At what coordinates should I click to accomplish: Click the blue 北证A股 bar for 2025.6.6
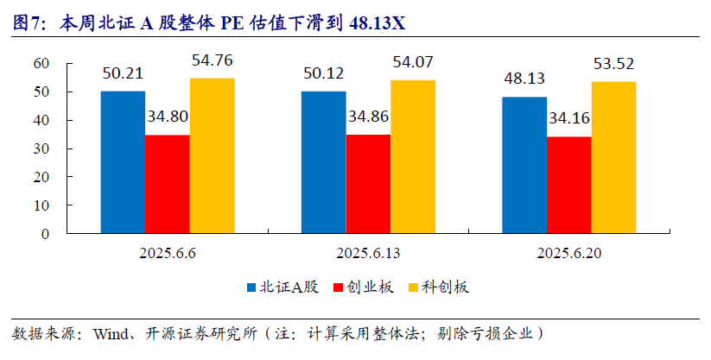pyautogui.click(x=123, y=162)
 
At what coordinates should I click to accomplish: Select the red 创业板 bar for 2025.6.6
pyautogui.click(x=167, y=184)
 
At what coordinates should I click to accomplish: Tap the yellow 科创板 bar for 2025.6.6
pyautogui.click(x=212, y=155)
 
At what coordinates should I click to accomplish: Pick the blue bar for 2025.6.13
pyautogui.click(x=323, y=162)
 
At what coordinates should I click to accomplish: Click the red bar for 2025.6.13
pyautogui.click(x=368, y=184)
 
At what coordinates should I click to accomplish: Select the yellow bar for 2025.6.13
pyautogui.click(x=413, y=156)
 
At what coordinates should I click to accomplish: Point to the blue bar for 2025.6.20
pyautogui.click(x=524, y=165)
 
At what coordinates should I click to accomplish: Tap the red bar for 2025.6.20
pyautogui.click(x=569, y=185)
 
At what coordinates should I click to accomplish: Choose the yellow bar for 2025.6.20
pyautogui.click(x=613, y=157)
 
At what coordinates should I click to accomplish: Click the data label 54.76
pyautogui.click(x=212, y=61)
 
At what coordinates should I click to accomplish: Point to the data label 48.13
pyautogui.click(x=524, y=79)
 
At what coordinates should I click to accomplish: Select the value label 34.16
pyautogui.click(x=569, y=118)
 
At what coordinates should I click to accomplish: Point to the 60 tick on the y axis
pyautogui.click(x=40, y=63)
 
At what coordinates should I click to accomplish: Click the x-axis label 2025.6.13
pyautogui.click(x=368, y=254)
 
